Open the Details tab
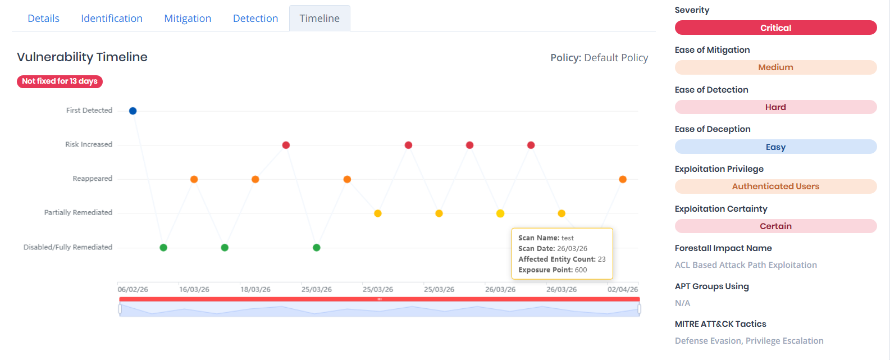pos(43,19)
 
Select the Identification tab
pos(112,19)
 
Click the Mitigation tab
pos(188,19)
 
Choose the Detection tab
pos(255,19)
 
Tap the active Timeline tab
pos(320,19)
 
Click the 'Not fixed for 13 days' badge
pos(60,81)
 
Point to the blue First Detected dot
pos(133,111)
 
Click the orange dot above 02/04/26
pos(623,179)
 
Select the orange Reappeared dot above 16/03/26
pos(194,179)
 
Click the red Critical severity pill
pos(775,28)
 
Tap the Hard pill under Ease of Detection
pos(775,107)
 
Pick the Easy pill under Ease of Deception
pos(775,147)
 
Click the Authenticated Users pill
pos(775,186)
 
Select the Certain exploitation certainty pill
pos(775,226)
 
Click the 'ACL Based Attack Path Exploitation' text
pos(746,265)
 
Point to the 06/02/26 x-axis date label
pos(133,289)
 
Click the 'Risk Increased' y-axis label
pos(89,144)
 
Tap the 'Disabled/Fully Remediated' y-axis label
pos(68,247)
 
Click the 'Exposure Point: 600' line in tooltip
pos(553,270)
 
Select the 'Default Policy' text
pos(616,58)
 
